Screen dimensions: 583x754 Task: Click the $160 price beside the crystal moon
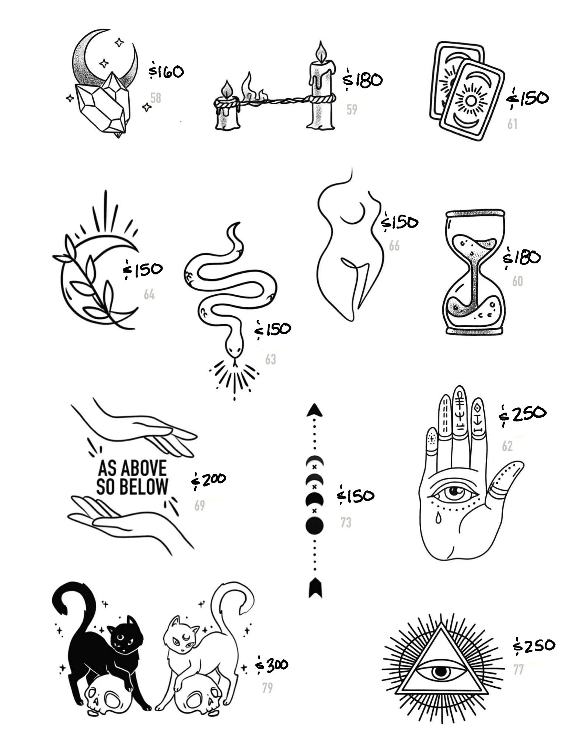(x=166, y=71)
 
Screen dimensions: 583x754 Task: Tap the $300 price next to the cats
(x=272, y=665)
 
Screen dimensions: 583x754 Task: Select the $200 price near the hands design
(x=208, y=480)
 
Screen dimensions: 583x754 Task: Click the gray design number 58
(x=156, y=98)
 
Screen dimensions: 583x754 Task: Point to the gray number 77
(x=519, y=669)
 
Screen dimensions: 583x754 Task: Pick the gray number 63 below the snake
(x=270, y=359)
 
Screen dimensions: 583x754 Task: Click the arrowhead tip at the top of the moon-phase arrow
(x=314, y=404)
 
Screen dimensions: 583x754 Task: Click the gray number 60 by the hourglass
(x=517, y=281)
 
